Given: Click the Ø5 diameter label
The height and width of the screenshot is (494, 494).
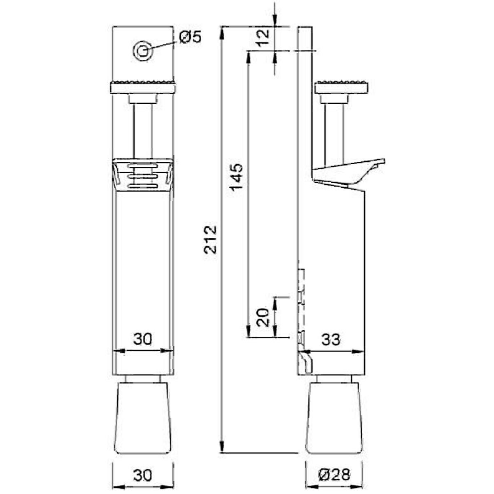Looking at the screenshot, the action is click(191, 37).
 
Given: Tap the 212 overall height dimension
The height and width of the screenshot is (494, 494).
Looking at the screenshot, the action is click(210, 240).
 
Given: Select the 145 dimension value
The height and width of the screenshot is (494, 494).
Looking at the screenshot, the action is click(236, 177).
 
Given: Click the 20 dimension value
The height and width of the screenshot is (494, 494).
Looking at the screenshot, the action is click(263, 317).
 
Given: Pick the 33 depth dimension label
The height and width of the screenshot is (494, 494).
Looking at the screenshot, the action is click(331, 339).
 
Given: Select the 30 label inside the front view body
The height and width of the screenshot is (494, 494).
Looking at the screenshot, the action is click(143, 339).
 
